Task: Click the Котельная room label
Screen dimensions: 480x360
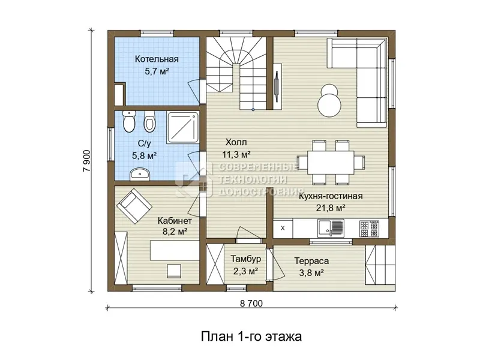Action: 157,59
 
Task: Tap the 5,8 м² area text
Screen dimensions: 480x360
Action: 144,155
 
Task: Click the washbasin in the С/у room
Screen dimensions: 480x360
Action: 140,174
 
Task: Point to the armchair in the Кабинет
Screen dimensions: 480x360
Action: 134,206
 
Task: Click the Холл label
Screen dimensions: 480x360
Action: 236,142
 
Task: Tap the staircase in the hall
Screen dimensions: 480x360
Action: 236,73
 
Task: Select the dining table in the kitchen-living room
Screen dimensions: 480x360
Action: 331,162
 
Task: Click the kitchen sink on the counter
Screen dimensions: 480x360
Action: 331,229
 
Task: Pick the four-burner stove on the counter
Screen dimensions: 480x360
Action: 369,229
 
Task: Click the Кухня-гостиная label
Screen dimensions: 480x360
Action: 331,196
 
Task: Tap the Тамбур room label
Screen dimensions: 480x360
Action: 246,259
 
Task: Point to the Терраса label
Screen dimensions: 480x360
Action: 311,261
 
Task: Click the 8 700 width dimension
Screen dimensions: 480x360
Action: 251,303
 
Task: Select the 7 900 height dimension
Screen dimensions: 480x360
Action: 87,160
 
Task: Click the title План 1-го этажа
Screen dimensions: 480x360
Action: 251,337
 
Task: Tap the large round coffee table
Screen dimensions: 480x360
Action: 329,104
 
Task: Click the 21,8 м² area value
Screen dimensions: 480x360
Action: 331,208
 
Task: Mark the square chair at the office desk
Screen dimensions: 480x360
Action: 174,271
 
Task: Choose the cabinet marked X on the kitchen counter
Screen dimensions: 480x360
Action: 283,228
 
